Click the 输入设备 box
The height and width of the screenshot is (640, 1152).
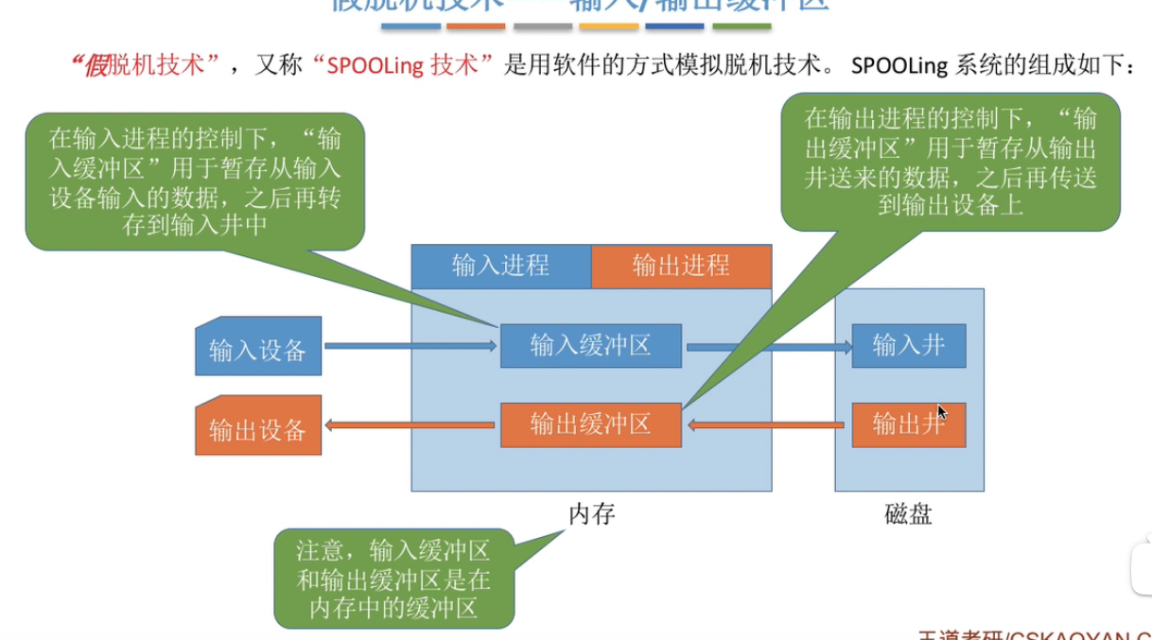[x=257, y=349]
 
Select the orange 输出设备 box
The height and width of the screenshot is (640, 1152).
[x=257, y=428]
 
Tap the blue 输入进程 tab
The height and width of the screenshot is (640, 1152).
[x=500, y=266]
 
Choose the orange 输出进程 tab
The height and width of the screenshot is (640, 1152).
[x=681, y=266]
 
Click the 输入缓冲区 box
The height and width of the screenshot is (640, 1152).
[x=590, y=345]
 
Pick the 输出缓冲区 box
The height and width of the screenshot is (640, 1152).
[x=590, y=424]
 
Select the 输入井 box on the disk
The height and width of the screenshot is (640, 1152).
[x=908, y=346]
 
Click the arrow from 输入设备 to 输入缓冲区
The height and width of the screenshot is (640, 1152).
[x=411, y=347]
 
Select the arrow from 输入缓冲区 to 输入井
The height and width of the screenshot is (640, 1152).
[x=766, y=347]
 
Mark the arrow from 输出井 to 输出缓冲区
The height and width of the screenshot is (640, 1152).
[x=766, y=425]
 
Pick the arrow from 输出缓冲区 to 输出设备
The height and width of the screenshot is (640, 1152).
[x=411, y=425]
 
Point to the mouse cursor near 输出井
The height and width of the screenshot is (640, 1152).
[x=942, y=413]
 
